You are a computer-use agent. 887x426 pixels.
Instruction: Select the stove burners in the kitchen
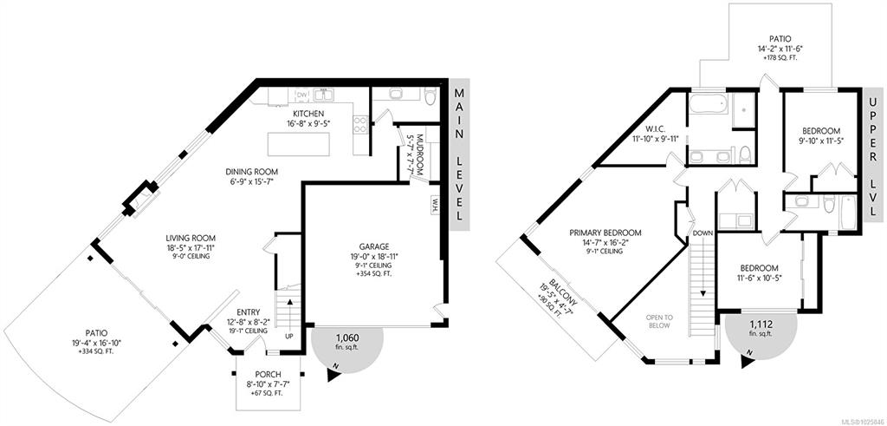click(x=360, y=125)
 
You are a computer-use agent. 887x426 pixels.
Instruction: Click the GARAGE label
click(x=374, y=247)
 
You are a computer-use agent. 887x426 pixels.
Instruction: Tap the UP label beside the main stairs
click(x=289, y=337)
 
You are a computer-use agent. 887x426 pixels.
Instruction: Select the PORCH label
click(x=269, y=375)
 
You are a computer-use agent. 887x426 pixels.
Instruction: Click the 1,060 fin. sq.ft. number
click(x=347, y=334)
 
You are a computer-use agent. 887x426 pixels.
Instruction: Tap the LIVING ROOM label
click(x=190, y=239)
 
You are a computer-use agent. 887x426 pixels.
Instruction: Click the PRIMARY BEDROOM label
click(x=605, y=233)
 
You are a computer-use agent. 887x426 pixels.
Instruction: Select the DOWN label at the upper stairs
click(x=702, y=233)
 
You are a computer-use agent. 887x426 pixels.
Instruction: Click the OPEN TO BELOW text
click(x=658, y=322)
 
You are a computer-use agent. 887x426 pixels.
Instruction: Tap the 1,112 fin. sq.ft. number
click(x=761, y=324)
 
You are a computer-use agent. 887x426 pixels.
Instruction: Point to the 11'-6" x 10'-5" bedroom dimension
click(x=759, y=277)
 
